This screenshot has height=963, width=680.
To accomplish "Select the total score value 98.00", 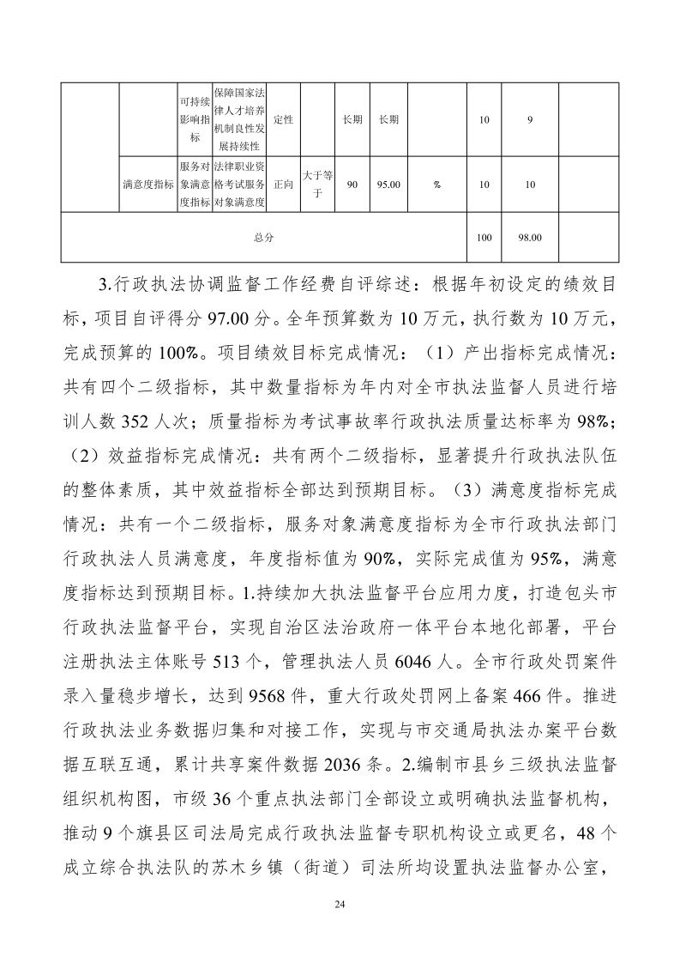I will tap(530, 238).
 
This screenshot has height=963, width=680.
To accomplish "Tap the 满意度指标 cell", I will tap(148, 184).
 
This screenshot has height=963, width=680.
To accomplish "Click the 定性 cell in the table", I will tap(283, 120).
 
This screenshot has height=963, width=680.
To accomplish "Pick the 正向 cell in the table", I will tap(283, 184).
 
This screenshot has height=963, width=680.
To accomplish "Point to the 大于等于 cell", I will tap(316, 184).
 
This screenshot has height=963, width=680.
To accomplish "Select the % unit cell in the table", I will tap(437, 184).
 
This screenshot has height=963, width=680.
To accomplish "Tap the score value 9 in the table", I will tap(530, 120).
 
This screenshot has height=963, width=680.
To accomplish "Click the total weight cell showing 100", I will tap(484, 238).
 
